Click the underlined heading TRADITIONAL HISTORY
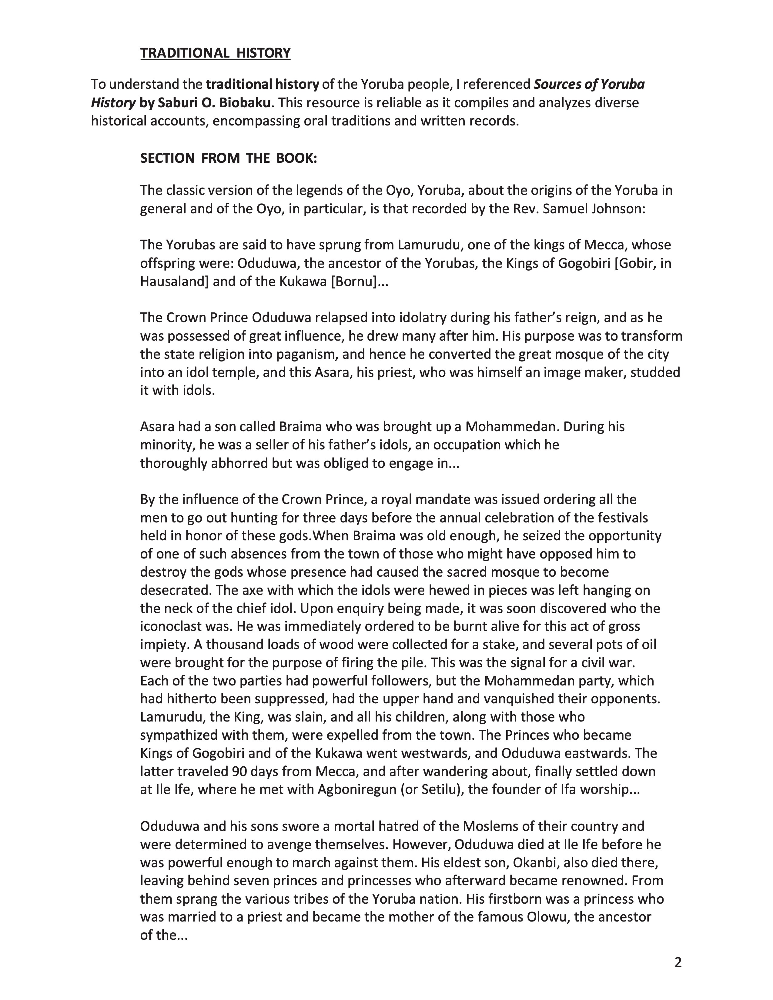(215, 53)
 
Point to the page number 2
(678, 962)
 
